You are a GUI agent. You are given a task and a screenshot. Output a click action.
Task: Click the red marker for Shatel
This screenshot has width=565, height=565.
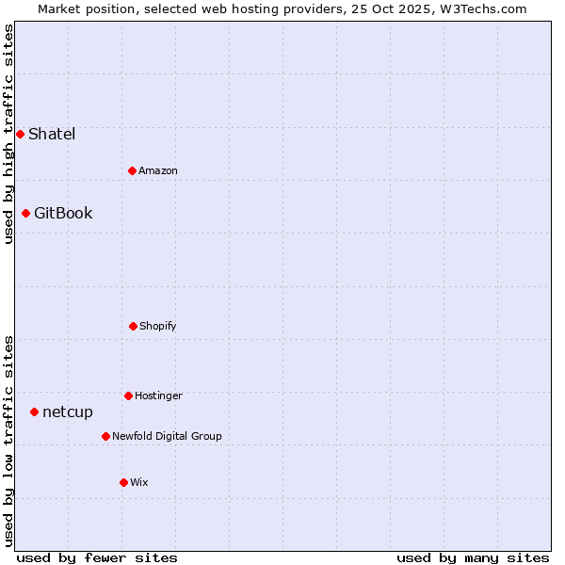pos(20,134)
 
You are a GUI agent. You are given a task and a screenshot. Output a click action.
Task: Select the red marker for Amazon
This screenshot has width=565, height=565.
pos(133,170)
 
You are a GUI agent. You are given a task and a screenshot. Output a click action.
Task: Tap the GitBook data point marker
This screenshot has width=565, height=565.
pos(25,213)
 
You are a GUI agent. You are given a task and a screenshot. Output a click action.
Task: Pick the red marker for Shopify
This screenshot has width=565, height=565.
pos(134,326)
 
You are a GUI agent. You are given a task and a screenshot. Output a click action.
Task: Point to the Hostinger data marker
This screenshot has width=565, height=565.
pos(129,395)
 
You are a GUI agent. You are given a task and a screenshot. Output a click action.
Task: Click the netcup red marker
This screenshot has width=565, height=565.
pos(34,412)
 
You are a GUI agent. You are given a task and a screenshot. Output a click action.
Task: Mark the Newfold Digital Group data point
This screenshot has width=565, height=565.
pos(105,436)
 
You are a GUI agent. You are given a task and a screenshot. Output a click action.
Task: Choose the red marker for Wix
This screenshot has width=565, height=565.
pos(123,482)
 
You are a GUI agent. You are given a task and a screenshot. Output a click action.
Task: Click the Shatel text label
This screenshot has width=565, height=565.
pos(52,134)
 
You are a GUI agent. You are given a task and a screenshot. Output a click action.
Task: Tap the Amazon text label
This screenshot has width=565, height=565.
pos(158,170)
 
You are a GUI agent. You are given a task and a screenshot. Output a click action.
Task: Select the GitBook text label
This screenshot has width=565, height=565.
pos(63,213)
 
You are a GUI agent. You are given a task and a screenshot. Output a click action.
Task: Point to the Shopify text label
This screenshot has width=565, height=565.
pos(158,326)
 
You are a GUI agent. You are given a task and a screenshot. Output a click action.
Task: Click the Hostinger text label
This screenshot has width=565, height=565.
pos(158,395)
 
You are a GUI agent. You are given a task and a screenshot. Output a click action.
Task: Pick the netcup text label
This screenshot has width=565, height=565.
pos(68,412)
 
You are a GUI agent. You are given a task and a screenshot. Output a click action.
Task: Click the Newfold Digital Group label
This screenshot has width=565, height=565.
pos(167,436)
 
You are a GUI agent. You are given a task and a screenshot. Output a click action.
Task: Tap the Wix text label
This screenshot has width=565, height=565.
pos(139,482)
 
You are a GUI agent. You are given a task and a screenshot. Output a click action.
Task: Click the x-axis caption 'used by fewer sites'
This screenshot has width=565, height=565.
pos(97,557)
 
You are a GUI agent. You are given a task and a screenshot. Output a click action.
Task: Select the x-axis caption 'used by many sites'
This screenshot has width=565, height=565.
pos(473,557)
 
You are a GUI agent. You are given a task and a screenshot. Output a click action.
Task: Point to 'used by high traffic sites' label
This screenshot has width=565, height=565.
pos(8,134)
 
